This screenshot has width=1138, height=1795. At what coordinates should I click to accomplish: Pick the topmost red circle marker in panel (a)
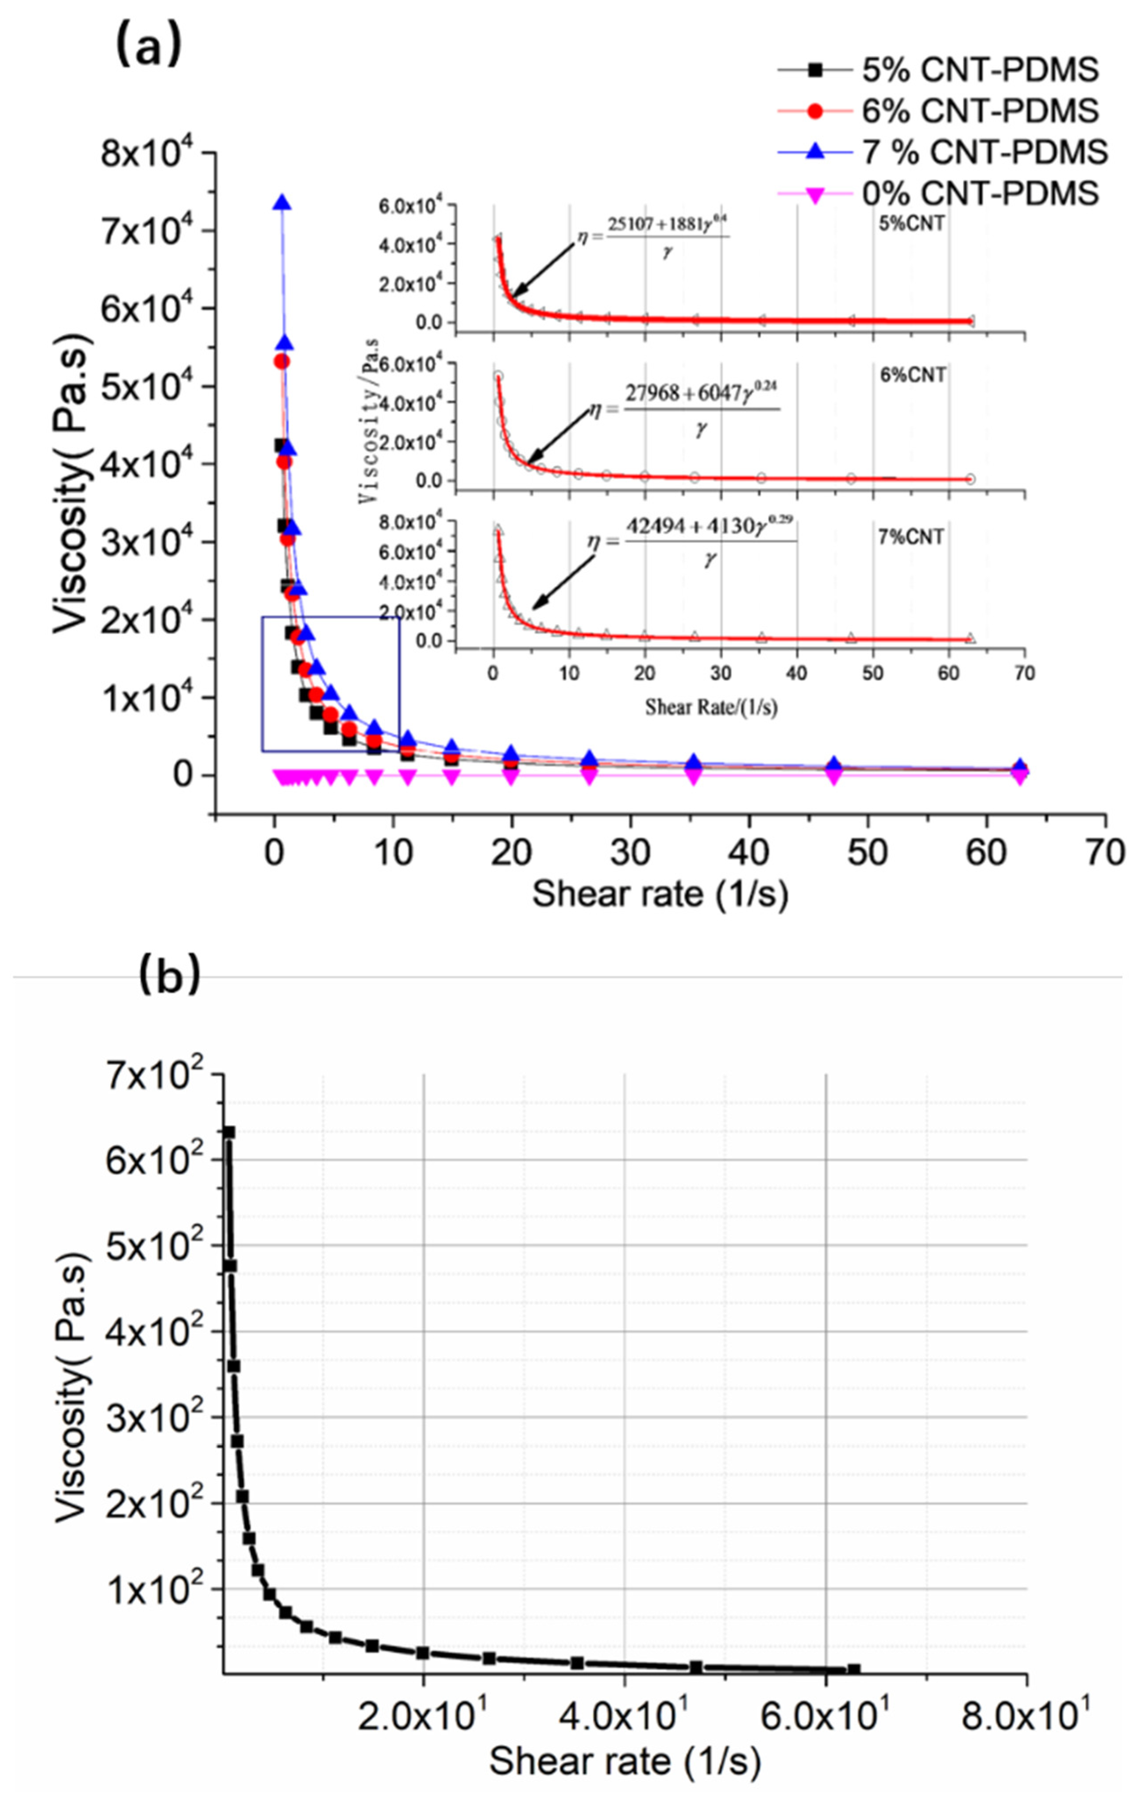click(x=282, y=361)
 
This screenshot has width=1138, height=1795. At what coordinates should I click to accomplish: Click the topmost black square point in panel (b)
click(x=229, y=1132)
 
